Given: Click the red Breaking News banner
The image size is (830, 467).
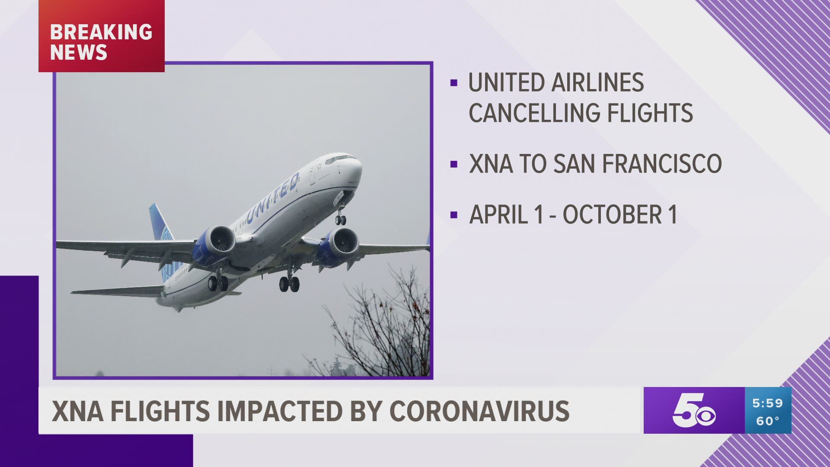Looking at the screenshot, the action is click(102, 36).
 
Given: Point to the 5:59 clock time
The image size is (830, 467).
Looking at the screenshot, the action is click(768, 403).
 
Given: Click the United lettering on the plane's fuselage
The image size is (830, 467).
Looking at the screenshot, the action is click(273, 198).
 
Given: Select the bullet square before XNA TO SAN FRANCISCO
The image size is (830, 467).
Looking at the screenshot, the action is click(453, 164).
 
